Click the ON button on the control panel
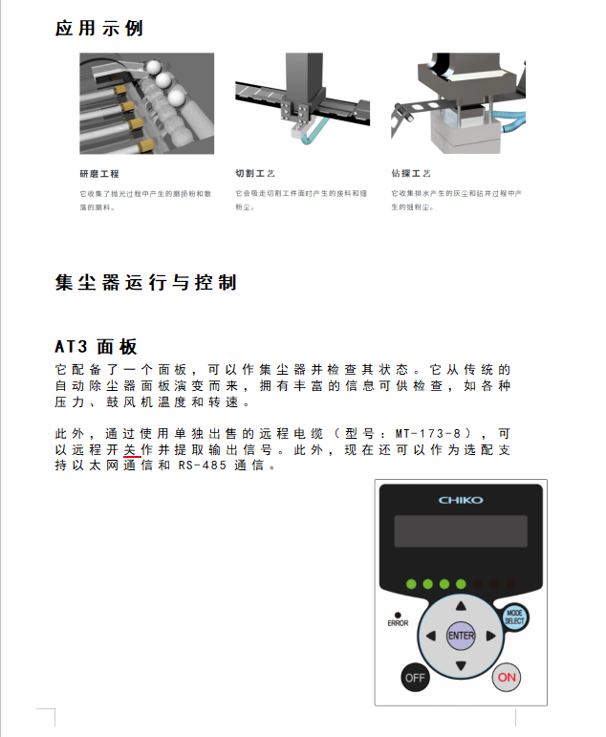tap(507, 678)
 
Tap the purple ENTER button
tap(461, 636)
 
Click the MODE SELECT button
tap(514, 617)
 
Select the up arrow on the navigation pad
tap(461, 606)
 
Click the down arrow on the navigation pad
tap(461, 665)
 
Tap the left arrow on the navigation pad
tap(431, 636)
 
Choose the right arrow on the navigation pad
tap(490, 636)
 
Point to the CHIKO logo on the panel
tap(461, 500)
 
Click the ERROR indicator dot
tap(398, 615)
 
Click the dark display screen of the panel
tap(461, 531)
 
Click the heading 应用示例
tap(98, 29)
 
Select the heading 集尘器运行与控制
tap(145, 283)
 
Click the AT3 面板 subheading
tap(96, 347)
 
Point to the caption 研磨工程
tap(99, 174)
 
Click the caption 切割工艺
tap(255, 173)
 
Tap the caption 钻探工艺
tap(411, 173)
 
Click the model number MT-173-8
tap(428, 433)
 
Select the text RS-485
tap(202, 466)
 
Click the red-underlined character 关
tap(130, 449)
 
